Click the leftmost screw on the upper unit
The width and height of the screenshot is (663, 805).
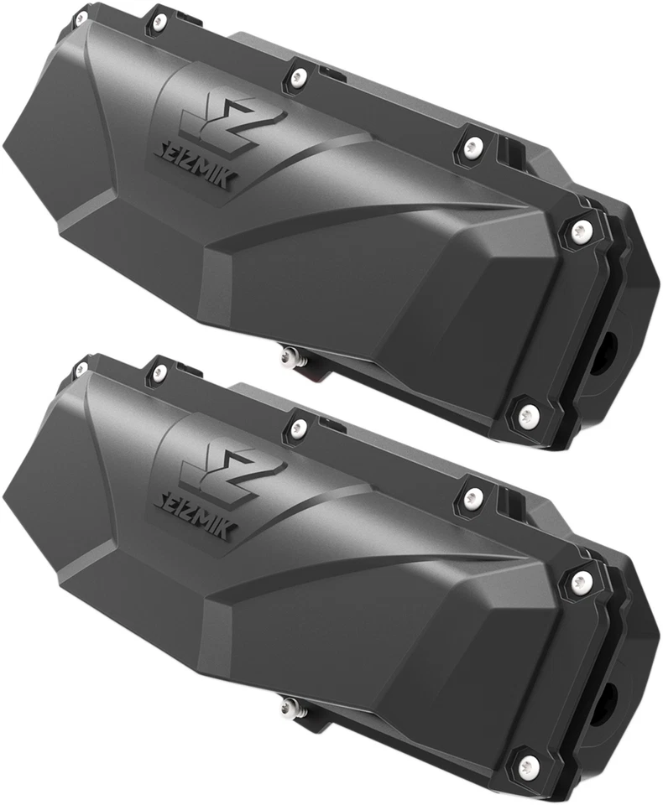pyautogui.click(x=81, y=16)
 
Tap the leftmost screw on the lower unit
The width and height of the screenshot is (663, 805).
pyautogui.click(x=81, y=368)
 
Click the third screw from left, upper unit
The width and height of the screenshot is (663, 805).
pyautogui.click(x=298, y=78)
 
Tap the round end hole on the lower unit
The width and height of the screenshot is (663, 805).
pyautogui.click(x=607, y=697)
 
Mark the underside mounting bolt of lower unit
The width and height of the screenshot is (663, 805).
pyautogui.click(x=290, y=706)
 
